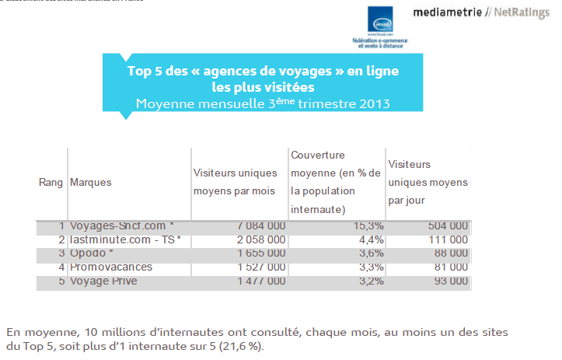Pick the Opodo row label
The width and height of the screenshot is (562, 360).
point(92,253)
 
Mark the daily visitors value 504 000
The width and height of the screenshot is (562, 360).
point(447,225)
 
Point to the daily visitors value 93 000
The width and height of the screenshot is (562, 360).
point(450,281)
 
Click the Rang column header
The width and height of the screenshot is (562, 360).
point(51,182)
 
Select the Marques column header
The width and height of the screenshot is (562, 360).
point(90,182)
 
